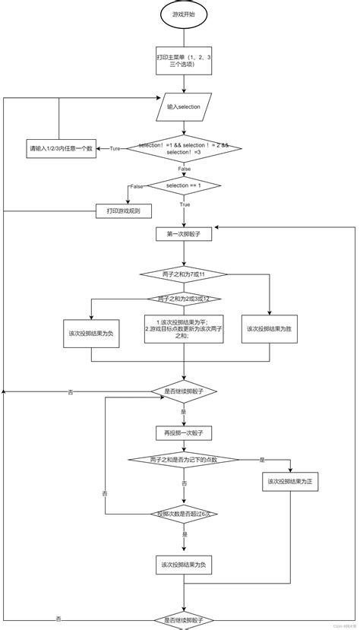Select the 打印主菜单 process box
tap(183, 61)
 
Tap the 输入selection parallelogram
tap(183, 107)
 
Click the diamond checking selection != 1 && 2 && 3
tap(183, 148)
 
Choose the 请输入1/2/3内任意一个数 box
tap(61, 148)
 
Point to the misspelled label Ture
tap(115, 149)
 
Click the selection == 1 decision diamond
tap(183, 185)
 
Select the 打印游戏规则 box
tap(123, 210)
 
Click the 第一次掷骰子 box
tap(183, 235)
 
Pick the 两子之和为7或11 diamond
tap(183, 274)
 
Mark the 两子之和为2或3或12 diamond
tap(183, 299)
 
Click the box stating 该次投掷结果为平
tap(183, 329)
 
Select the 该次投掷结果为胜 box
tap(270, 329)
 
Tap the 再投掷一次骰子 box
tap(183, 432)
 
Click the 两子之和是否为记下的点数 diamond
tap(183, 460)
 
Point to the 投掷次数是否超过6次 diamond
tap(183, 514)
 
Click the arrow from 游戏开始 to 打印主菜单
tap(183, 38)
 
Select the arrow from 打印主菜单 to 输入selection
tap(183, 85)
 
